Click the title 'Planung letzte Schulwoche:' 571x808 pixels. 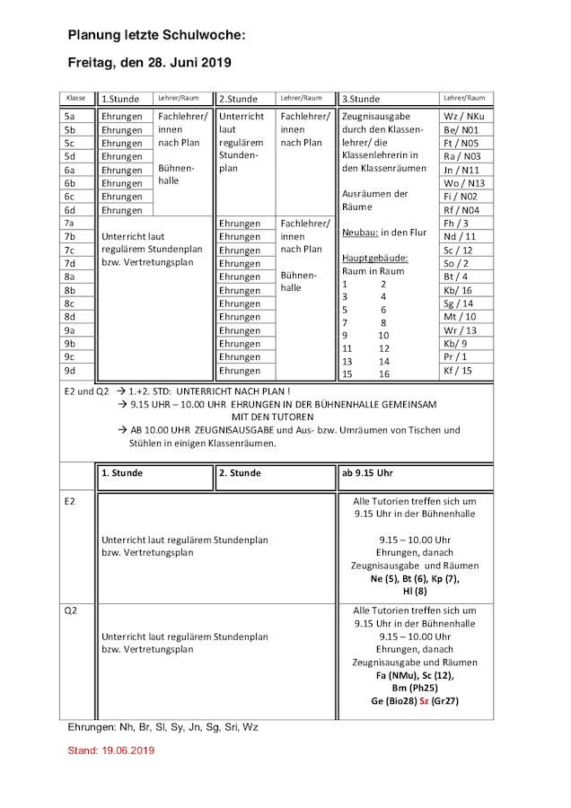pos(156,35)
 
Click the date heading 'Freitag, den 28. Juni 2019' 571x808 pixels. pos(149,63)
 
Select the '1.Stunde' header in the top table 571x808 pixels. pos(120,99)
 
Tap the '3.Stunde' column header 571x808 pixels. pos(361,99)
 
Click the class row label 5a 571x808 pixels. pos(69,117)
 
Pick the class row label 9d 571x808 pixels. pos(69,370)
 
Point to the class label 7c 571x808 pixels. pos(69,250)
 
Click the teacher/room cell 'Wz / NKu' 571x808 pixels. pos(463,117)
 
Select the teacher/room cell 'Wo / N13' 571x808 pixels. pos(463,183)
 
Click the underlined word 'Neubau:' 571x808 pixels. pos(360,233)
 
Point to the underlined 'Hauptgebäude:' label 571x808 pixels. pos(374,258)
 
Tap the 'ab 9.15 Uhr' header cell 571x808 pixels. pos(368,473)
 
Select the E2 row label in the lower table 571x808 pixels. pos(70,500)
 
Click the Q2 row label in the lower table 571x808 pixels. pos(71,610)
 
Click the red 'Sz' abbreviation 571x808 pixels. pos(424,700)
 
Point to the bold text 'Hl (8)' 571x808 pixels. pos(415,591)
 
